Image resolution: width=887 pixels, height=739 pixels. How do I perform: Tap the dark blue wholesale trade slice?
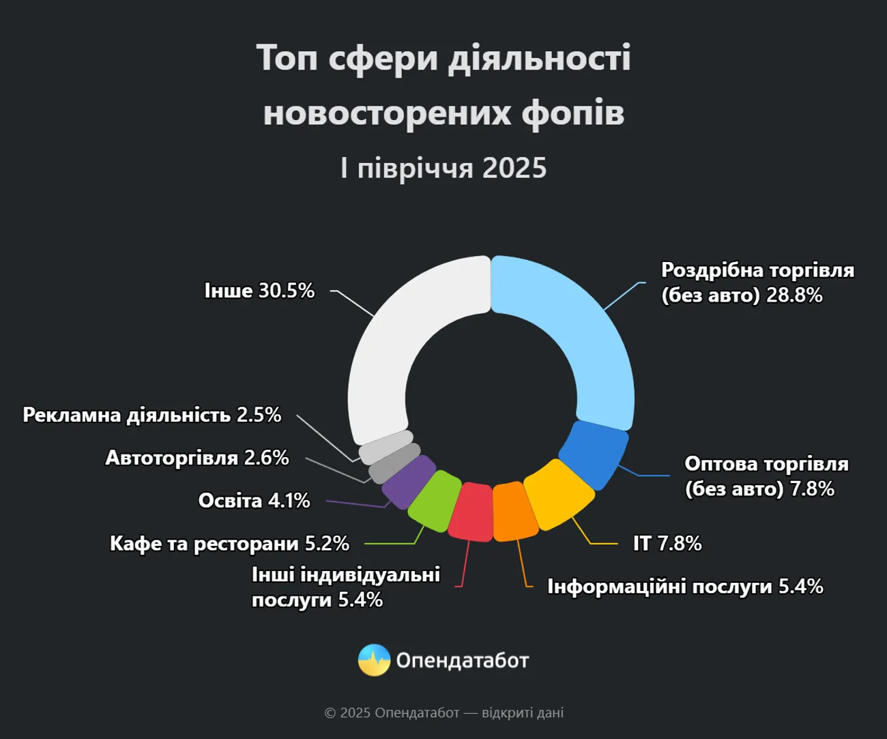[594, 454]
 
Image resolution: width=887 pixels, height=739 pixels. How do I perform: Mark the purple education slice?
[408, 480]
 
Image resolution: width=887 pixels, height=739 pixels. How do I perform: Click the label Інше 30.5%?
[259, 291]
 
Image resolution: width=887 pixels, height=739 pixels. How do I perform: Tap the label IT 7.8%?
[667, 543]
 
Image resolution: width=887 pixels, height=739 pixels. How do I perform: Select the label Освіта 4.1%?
[254, 500]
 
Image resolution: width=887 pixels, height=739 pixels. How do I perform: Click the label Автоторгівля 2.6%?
[197, 457]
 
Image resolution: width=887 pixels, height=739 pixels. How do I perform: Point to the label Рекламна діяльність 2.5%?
[151, 415]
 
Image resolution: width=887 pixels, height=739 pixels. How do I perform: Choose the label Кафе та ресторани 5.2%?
[229, 543]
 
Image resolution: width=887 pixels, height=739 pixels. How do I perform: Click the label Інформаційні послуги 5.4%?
[685, 586]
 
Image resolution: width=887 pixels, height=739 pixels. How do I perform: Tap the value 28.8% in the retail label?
[794, 295]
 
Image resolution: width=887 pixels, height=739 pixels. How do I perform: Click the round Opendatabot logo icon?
[374, 660]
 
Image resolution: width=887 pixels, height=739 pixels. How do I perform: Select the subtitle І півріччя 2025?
[443, 168]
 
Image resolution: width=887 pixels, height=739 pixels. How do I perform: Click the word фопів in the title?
[572, 113]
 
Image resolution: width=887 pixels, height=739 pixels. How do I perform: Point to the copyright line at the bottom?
[443, 712]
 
